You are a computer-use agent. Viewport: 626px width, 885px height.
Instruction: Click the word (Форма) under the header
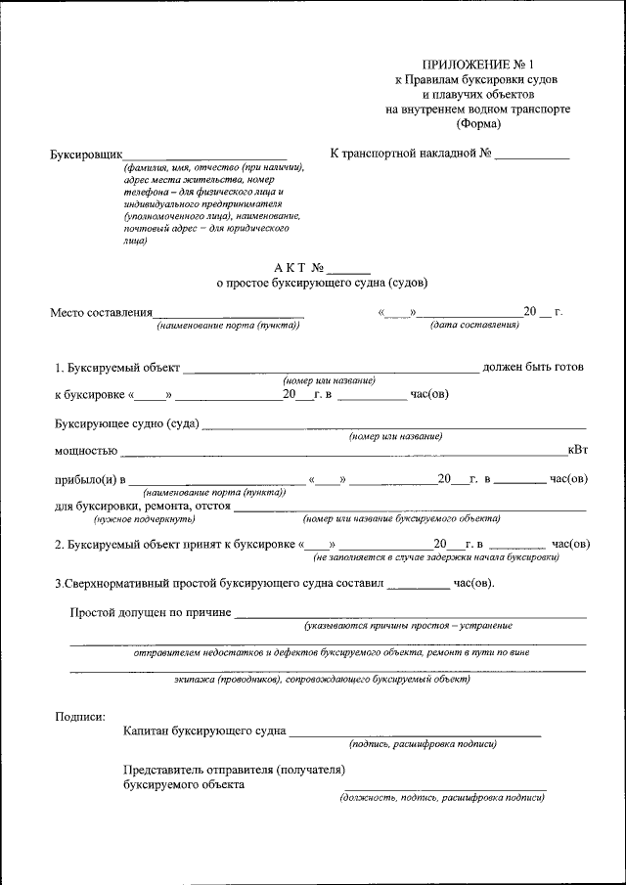(477, 123)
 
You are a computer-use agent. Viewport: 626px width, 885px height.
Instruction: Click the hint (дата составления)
(474, 325)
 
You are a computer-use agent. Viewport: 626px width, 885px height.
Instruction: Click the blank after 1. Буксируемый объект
(331, 369)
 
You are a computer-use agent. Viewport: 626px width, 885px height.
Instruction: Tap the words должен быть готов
(533, 368)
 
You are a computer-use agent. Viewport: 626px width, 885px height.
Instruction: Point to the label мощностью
(86, 451)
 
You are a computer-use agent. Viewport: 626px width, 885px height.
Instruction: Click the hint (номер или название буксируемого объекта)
(401, 519)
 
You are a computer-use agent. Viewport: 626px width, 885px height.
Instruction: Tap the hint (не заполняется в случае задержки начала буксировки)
(436, 557)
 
